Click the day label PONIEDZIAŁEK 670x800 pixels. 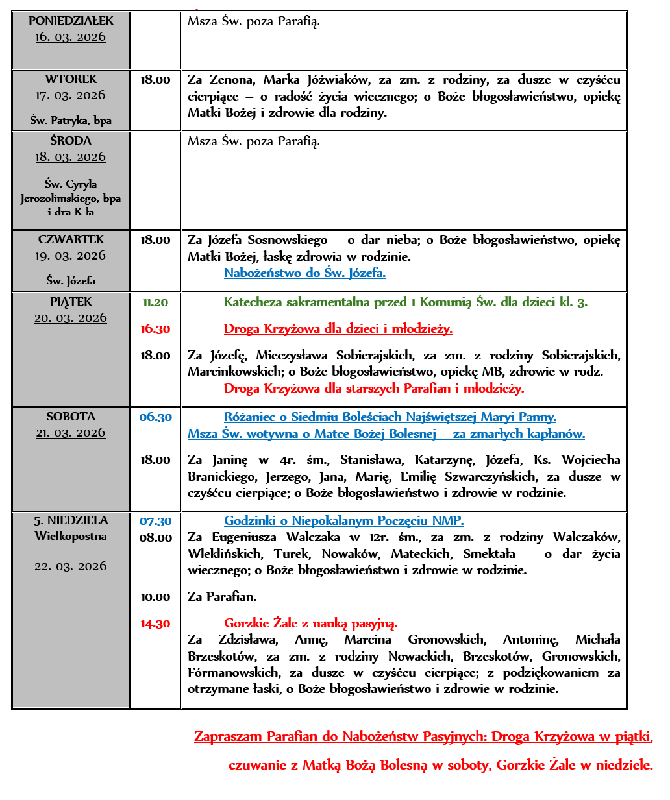(71, 21)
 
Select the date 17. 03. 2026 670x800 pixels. (71, 96)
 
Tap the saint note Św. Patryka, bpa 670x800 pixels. (71, 121)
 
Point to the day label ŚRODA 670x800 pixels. (71, 141)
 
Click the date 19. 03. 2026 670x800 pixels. (71, 256)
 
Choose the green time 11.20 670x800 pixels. (156, 302)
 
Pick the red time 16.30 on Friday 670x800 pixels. (156, 329)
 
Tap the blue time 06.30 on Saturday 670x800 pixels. (156, 417)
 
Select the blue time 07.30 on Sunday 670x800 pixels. (156, 521)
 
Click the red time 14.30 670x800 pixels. (156, 624)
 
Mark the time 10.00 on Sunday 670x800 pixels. (156, 597)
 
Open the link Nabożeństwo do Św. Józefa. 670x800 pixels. (304, 273)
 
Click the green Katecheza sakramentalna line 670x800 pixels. (405, 302)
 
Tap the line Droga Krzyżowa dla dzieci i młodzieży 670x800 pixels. (338, 329)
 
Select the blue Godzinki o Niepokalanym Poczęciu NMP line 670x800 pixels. (343, 521)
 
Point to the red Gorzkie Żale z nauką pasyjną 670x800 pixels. (310, 624)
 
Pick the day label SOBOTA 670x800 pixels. (71, 417)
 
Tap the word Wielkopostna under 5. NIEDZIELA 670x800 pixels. (71, 537)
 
